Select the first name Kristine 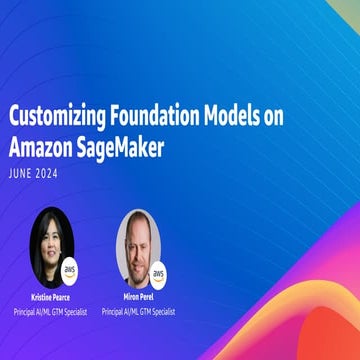click(x=38, y=298)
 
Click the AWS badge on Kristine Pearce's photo click(x=69, y=270)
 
